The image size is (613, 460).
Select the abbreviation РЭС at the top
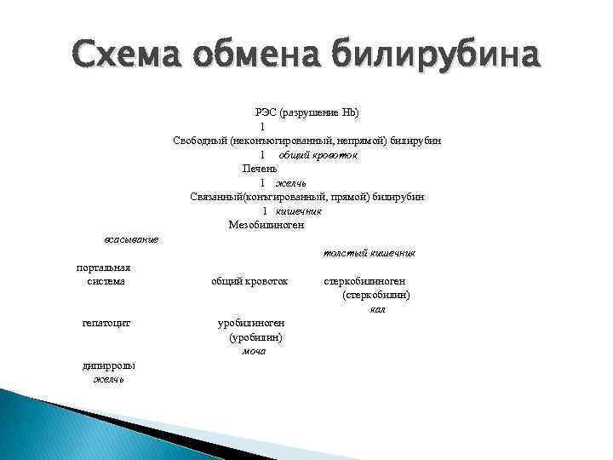(x=266, y=112)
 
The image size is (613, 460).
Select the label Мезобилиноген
(x=266, y=225)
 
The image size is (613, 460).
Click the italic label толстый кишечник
(x=369, y=253)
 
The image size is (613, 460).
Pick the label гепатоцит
(x=106, y=323)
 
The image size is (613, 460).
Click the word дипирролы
(x=108, y=365)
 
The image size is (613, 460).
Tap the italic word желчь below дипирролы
(x=108, y=379)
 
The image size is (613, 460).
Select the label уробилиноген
(x=251, y=323)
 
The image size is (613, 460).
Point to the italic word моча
(x=255, y=351)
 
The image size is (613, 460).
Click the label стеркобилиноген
(x=364, y=280)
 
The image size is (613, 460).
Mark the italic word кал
(x=378, y=308)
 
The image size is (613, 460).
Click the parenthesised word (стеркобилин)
(x=376, y=295)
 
